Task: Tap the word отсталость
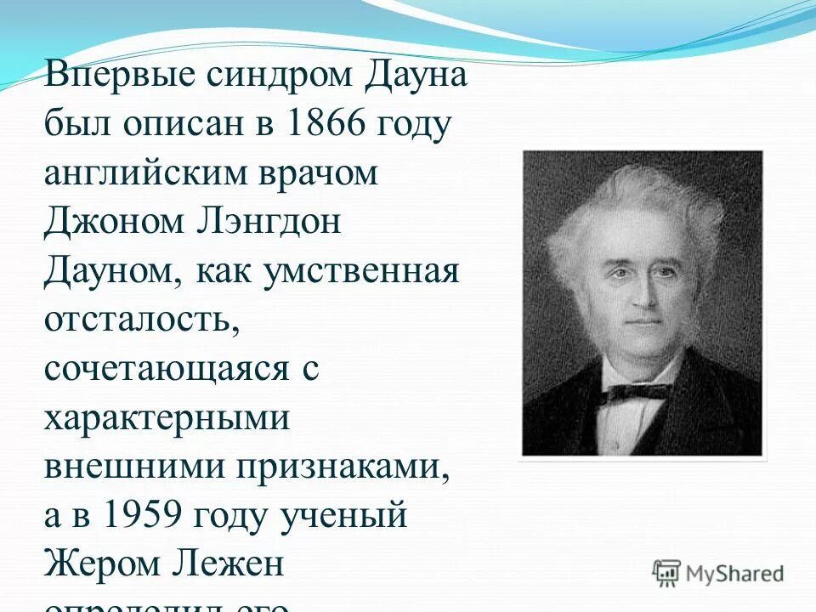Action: click(136, 321)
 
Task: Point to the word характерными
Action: click(167, 419)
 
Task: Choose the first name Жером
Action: click(99, 565)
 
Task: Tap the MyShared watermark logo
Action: click(718, 573)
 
